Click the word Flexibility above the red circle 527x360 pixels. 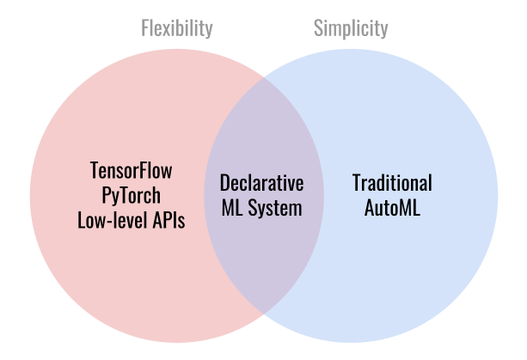(177, 28)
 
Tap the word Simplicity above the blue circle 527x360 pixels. (351, 29)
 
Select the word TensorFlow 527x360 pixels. (131, 170)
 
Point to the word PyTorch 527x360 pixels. (131, 196)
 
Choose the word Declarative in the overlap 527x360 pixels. (262, 183)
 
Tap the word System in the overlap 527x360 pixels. (275, 209)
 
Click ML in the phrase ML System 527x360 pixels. (232, 208)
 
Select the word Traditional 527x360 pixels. (392, 183)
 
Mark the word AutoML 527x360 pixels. (392, 208)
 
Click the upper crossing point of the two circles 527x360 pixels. (263, 78)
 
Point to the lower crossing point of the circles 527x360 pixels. (263, 314)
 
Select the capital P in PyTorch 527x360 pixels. (106, 195)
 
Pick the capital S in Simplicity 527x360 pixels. (318, 28)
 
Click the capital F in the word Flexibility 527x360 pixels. (144, 28)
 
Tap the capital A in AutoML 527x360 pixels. (370, 208)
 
